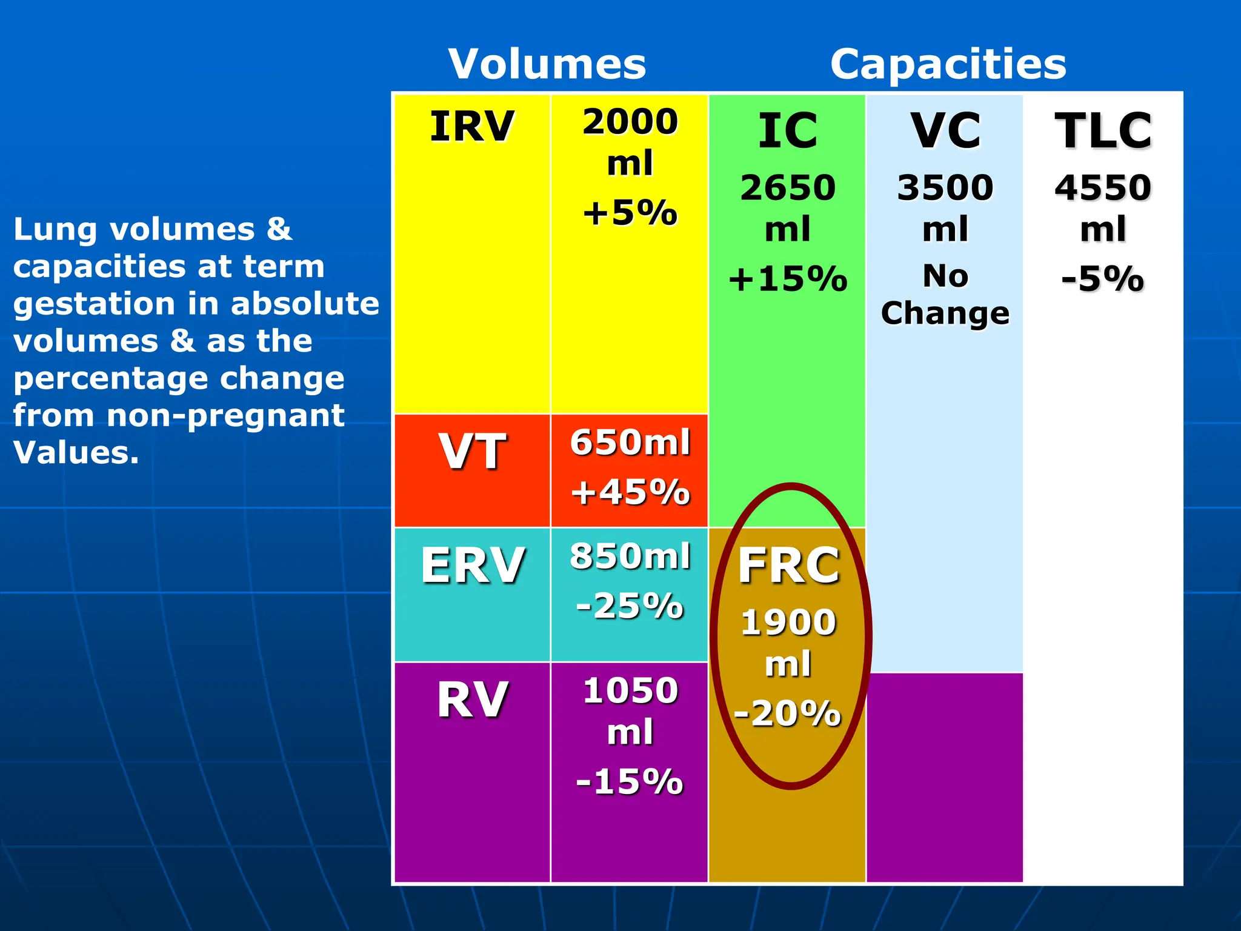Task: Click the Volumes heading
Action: click(x=547, y=64)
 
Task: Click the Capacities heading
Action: click(x=948, y=64)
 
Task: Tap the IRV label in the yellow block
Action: click(x=472, y=127)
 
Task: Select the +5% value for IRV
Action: click(x=630, y=213)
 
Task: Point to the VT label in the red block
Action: click(x=472, y=452)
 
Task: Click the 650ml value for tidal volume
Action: click(x=630, y=442)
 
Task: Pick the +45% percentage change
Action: click(x=630, y=492)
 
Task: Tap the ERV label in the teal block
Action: click(x=472, y=565)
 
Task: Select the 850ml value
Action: click(x=630, y=556)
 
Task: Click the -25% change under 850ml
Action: click(x=630, y=606)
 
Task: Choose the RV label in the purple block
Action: click(x=472, y=700)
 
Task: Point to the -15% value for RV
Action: click(x=630, y=781)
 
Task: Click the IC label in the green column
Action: click(x=788, y=131)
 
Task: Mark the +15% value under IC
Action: click(x=788, y=279)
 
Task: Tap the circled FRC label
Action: click(x=789, y=566)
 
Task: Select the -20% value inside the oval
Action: click(x=788, y=713)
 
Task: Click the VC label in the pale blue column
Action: click(x=945, y=131)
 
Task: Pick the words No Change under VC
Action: click(x=945, y=295)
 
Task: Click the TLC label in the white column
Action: click(x=1103, y=131)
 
